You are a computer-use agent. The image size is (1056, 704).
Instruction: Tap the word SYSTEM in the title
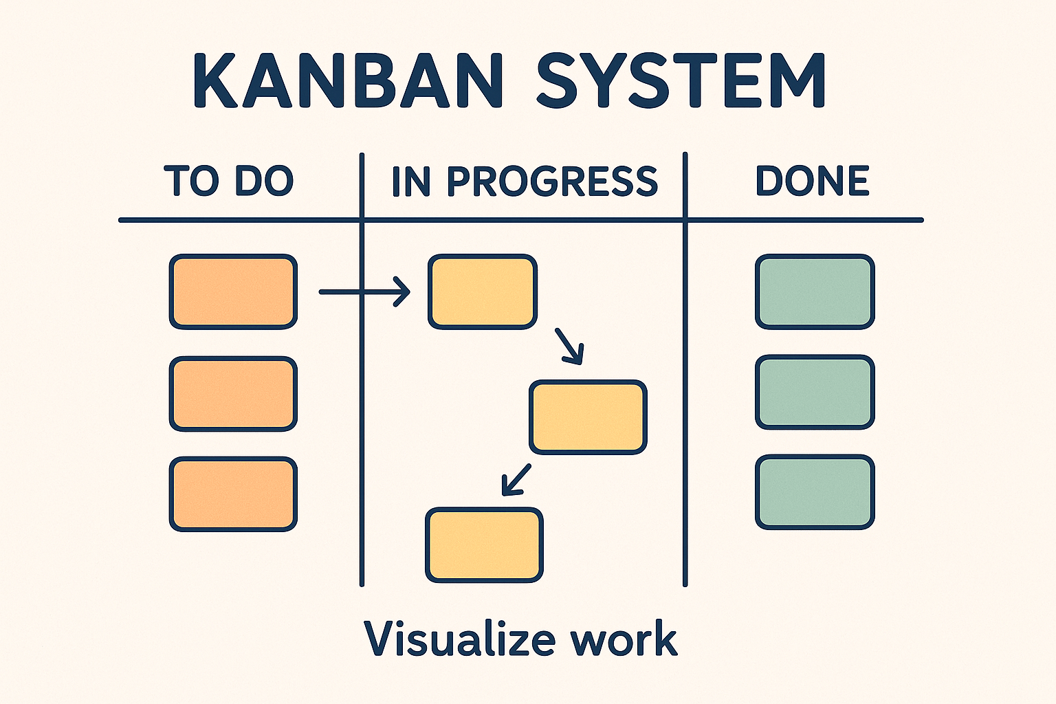point(681,80)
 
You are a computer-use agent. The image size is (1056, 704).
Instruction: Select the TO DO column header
point(229,181)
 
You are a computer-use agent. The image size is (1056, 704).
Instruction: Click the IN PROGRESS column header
point(525,181)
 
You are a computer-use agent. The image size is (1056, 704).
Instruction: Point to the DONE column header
point(813,181)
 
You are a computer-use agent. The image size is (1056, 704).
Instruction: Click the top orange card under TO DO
point(233,291)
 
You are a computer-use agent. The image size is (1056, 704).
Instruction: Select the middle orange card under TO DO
point(233,394)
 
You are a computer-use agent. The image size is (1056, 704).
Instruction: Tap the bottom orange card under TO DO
point(233,494)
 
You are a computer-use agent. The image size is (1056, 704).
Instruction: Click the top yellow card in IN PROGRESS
point(482,291)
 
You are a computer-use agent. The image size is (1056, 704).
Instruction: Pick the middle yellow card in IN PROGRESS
point(588,417)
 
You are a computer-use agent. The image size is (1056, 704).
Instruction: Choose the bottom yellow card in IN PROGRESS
point(484,545)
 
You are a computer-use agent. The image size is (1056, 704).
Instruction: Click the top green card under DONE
point(815,291)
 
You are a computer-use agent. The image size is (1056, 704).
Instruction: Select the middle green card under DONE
point(815,393)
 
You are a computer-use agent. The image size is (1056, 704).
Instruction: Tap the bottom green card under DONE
point(815,492)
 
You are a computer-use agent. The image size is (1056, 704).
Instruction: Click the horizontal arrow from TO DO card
point(364,292)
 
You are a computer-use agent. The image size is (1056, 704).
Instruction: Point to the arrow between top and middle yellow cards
point(570,346)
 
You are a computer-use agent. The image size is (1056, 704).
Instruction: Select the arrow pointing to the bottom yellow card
point(516,479)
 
